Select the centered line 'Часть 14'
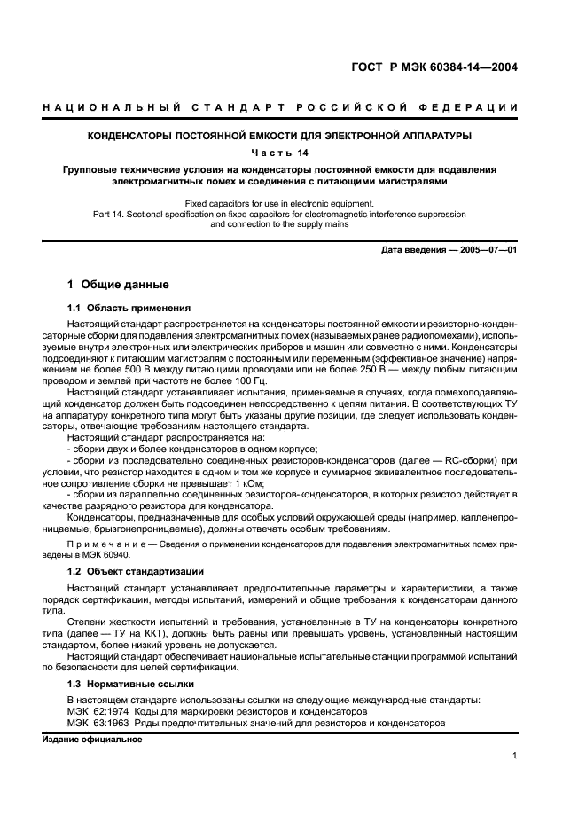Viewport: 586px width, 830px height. (293, 152)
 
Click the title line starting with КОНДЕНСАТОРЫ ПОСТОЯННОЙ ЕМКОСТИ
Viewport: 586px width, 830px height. (293, 136)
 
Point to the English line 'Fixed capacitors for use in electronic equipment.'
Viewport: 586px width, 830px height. (293, 203)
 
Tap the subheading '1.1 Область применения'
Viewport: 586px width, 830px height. (129, 308)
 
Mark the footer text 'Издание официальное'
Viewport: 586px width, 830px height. (92, 740)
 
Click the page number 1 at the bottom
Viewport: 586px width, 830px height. (514, 756)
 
